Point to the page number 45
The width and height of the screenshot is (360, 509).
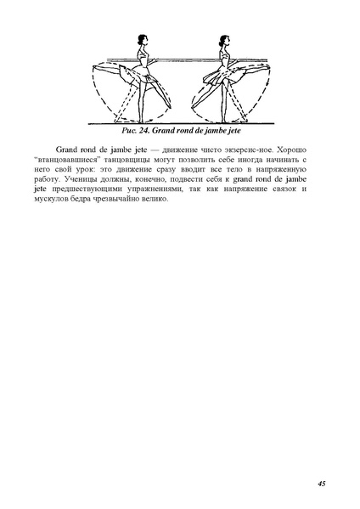pyautogui.click(x=322, y=483)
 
